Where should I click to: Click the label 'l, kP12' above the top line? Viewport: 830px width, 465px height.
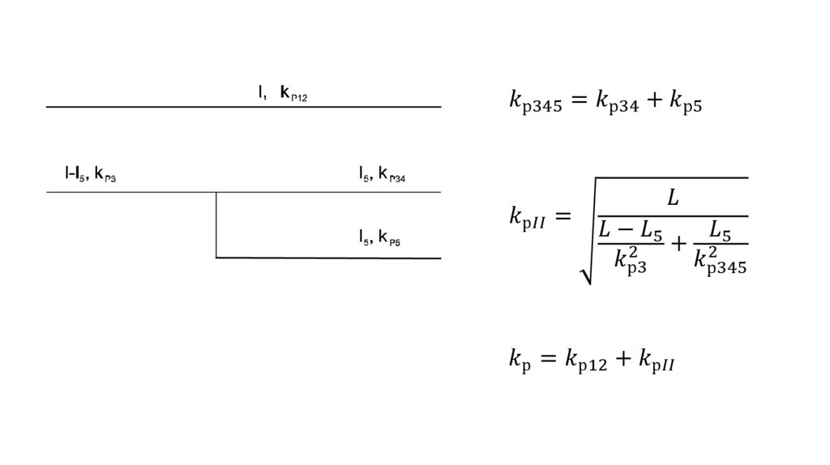(283, 92)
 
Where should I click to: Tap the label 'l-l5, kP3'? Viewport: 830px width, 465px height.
(90, 173)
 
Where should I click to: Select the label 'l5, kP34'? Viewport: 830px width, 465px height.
(382, 173)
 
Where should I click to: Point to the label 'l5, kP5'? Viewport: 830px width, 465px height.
(379, 238)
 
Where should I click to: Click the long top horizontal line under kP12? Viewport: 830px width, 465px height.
(243, 107)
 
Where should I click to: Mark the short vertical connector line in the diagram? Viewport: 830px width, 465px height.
(216, 224)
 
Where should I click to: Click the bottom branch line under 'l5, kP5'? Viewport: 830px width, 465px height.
(328, 258)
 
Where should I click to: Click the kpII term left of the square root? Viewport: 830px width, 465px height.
(530, 218)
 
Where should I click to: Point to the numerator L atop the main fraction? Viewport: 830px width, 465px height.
(673, 199)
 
